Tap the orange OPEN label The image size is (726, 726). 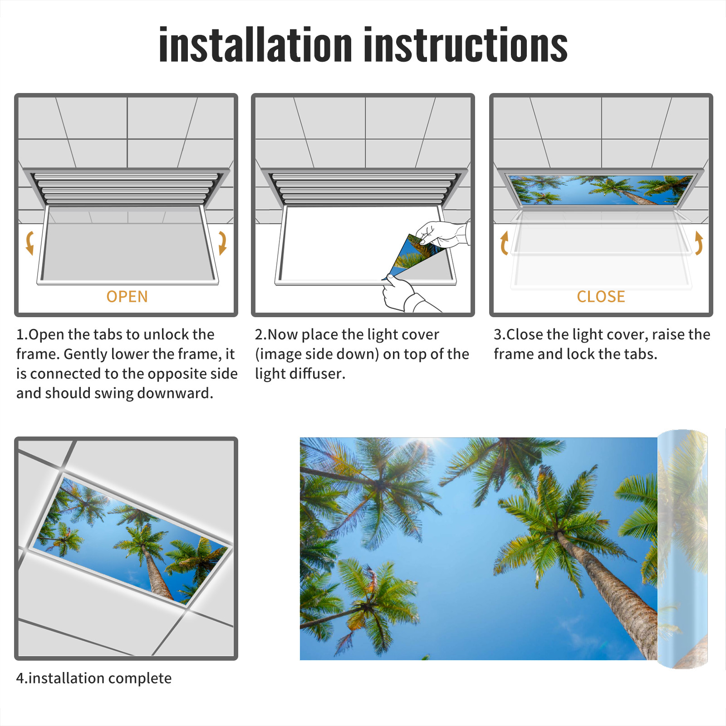[127, 297]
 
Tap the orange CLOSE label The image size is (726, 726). [601, 297]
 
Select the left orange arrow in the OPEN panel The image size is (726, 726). [30, 243]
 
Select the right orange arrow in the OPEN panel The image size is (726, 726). [222, 243]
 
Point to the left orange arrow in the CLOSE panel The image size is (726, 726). [504, 243]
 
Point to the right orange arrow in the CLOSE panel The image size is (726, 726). [699, 243]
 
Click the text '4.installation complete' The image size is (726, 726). [94, 678]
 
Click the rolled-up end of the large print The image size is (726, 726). [682, 549]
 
